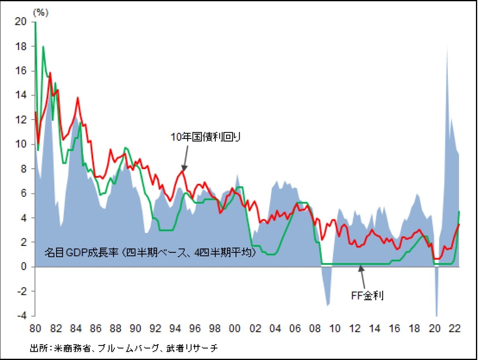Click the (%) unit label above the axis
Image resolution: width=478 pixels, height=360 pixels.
coord(40,13)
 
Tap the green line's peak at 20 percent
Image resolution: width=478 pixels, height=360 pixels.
coord(35,22)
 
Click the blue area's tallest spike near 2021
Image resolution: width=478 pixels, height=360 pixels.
coord(447,47)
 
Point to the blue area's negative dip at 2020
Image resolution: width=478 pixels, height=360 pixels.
coord(436,313)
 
